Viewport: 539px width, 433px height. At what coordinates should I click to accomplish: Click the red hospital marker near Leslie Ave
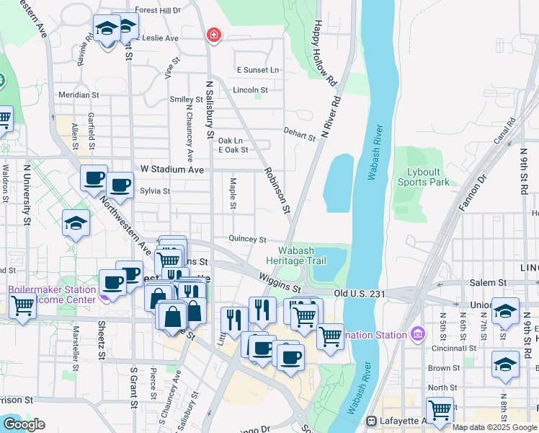pyautogui.click(x=213, y=35)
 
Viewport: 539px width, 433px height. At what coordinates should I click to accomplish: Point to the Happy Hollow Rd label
pyautogui.click(x=325, y=53)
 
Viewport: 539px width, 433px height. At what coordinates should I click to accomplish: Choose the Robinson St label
pyautogui.click(x=277, y=191)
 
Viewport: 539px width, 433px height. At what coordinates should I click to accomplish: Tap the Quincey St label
pyautogui.click(x=247, y=239)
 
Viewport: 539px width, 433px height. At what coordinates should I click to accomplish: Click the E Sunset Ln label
pyautogui.click(x=258, y=70)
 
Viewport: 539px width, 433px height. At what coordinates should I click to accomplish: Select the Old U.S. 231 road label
pyautogui.click(x=360, y=294)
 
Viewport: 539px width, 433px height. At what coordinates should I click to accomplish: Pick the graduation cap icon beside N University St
pyautogui.click(x=76, y=224)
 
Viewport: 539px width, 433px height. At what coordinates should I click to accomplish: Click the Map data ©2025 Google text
pyautogui.click(x=494, y=427)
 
